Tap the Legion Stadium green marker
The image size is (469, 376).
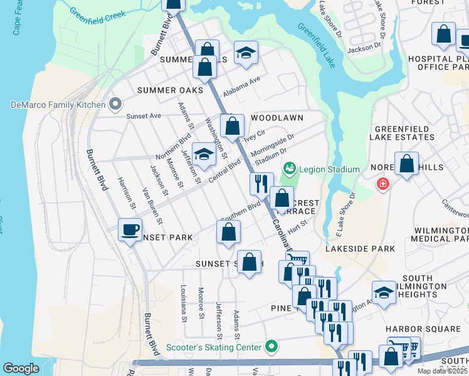289,168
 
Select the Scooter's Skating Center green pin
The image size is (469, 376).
271,346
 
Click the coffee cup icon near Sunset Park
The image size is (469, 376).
130,230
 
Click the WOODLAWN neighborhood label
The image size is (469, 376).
277,118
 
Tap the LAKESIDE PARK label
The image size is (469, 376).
360,249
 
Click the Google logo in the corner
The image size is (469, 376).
21,368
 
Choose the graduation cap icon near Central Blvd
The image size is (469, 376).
204,155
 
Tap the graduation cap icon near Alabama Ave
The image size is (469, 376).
246,52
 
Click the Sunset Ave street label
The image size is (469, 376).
144,116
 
